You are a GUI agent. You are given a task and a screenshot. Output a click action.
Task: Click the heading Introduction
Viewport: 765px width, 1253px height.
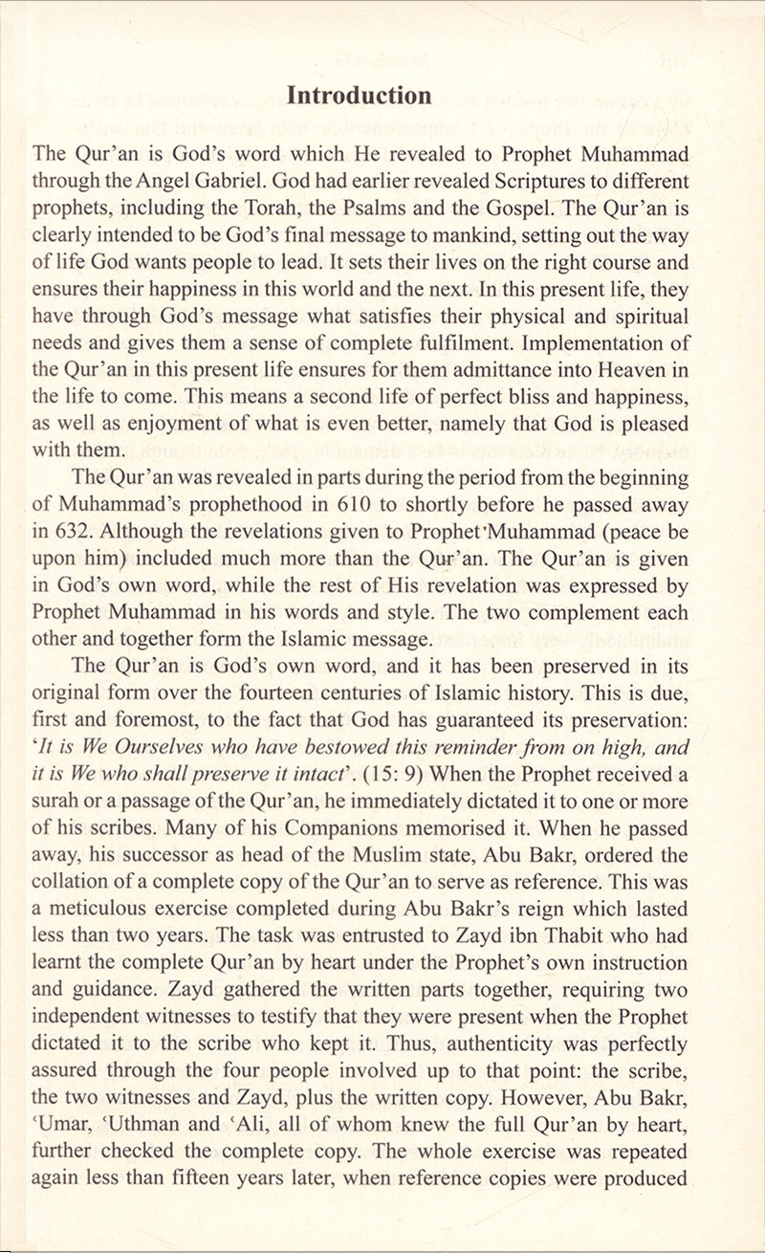click(x=360, y=96)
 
